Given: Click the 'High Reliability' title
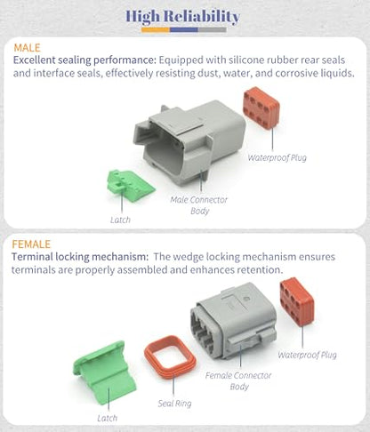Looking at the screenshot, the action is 182,16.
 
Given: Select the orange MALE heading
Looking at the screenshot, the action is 27,48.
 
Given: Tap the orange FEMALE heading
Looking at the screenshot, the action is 31,244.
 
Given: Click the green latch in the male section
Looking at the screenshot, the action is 131,186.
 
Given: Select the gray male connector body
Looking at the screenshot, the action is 189,142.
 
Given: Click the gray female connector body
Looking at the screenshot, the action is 234,321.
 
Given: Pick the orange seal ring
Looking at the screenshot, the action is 170,357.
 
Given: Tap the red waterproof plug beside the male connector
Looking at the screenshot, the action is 261,108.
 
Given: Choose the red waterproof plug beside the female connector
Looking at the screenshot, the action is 297,301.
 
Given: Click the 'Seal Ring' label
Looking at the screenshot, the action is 174,404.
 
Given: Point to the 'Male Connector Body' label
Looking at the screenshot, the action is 199,205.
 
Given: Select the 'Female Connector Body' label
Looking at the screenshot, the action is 238,381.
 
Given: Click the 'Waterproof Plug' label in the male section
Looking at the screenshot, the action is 277,157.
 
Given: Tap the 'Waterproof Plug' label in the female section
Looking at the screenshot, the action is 307,355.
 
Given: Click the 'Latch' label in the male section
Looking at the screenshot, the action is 120,220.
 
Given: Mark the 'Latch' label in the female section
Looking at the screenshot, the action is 108,418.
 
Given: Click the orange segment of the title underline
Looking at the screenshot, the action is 156,29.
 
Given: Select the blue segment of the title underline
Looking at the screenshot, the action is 184,29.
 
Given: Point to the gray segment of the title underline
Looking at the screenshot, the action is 213,29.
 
